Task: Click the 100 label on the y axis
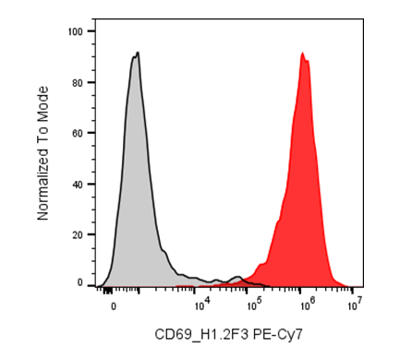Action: pos(76,31)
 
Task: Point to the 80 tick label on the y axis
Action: pos(78,83)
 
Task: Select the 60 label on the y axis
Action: pos(78,134)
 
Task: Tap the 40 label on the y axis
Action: pos(78,185)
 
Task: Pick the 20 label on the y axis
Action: pos(78,235)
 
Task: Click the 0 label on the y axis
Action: pos(80,282)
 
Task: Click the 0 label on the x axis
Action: pos(114,306)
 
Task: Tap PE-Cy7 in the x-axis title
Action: pos(278,335)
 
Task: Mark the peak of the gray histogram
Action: pos(138,53)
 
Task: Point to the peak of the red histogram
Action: pos(302,53)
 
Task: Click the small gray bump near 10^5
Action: pos(237,277)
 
